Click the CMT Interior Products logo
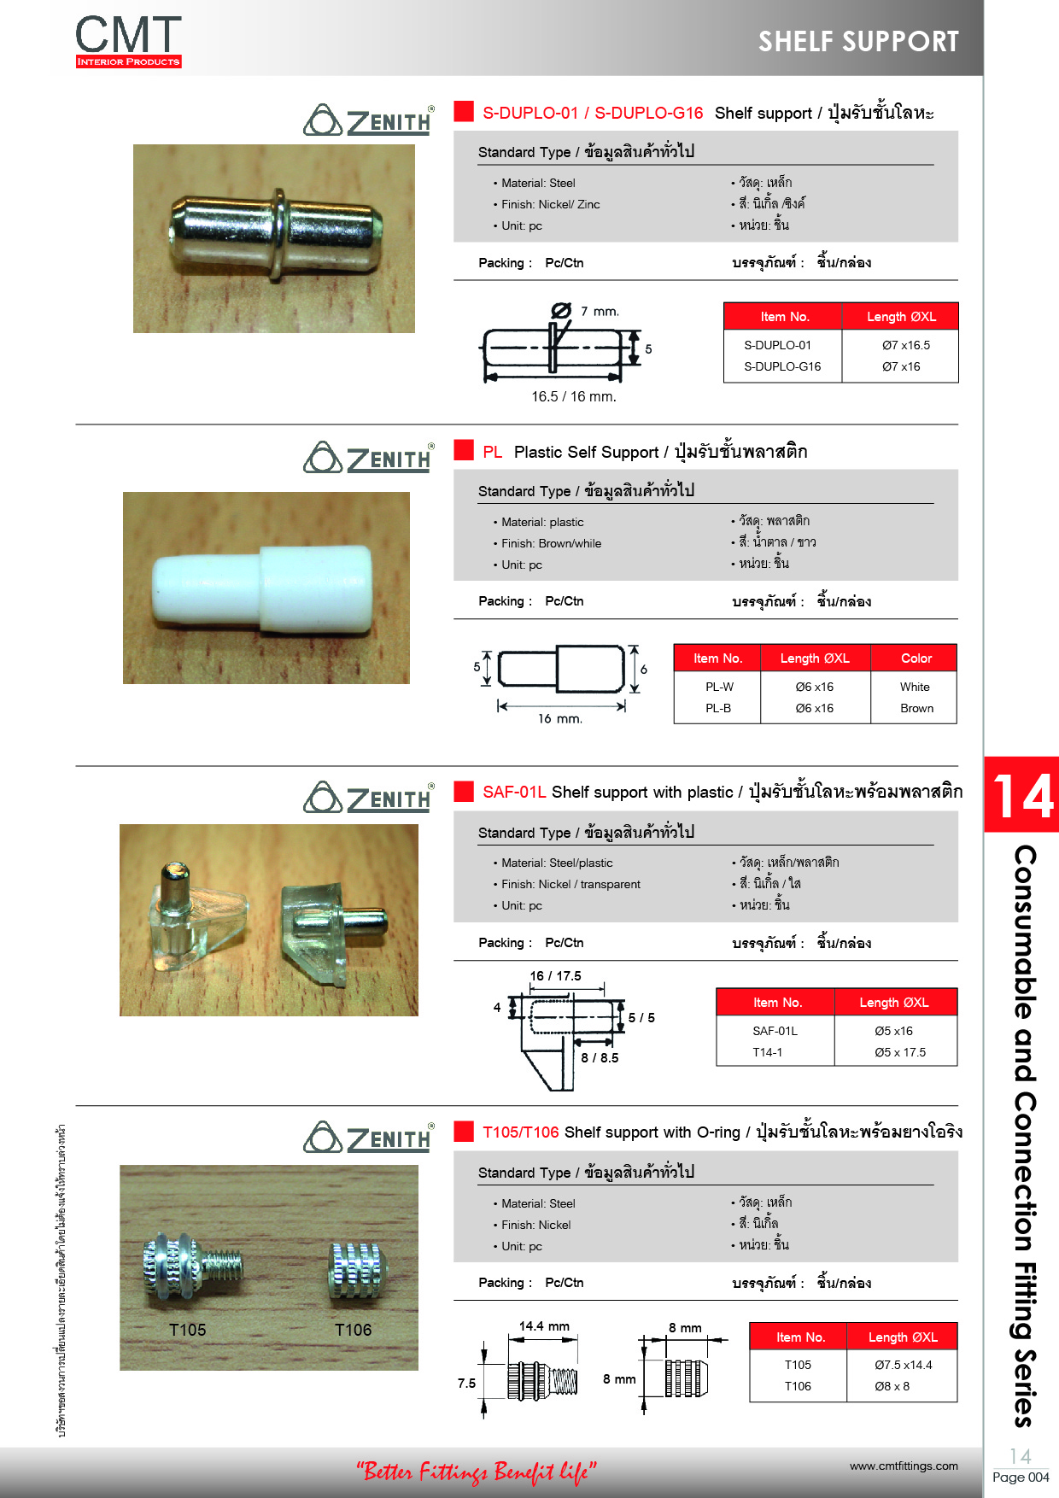pos(128,41)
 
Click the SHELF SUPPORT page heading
pos(858,41)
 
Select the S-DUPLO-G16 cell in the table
pos(782,366)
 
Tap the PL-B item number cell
pos(718,708)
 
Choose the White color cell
pos(915,687)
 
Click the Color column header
pos(916,658)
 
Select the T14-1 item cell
pos(767,1052)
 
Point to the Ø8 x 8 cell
pos(892,1386)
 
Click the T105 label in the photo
pos(187,1330)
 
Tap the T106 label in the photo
pos(353,1330)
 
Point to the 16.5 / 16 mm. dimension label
pos(573,396)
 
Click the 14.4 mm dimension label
pos(544,1326)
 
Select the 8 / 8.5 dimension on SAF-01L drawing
pos(600,1057)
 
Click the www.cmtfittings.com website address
pos(904,1466)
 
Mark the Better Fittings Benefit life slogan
pos(476,1472)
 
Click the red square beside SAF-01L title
pos(464,791)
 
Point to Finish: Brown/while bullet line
pos(551,543)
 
